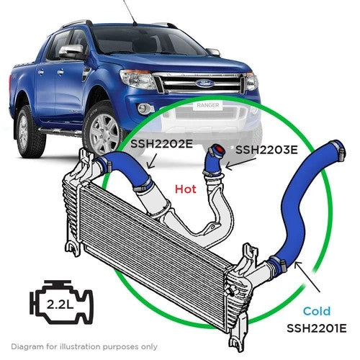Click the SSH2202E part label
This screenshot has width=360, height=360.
click(161, 144)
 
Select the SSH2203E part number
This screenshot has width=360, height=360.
click(266, 150)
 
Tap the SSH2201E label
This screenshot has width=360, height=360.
click(317, 328)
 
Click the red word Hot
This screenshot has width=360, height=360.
click(186, 189)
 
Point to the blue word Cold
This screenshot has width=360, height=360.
click(317, 311)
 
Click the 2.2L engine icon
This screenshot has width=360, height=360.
click(61, 302)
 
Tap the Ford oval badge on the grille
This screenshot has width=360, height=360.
click(204, 84)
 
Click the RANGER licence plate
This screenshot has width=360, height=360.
click(208, 105)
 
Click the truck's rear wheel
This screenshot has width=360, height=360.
click(28, 132)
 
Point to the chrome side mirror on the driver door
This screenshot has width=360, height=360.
click(71, 52)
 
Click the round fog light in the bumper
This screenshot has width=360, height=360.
click(143, 109)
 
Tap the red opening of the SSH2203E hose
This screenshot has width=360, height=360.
click(219, 150)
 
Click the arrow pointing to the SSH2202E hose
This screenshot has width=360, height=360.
click(152, 161)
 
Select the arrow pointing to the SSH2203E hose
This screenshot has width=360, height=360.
click(240, 163)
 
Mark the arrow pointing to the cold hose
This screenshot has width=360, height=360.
click(307, 276)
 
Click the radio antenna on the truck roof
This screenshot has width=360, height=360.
click(130, 12)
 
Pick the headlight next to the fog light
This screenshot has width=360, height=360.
click(137, 79)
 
